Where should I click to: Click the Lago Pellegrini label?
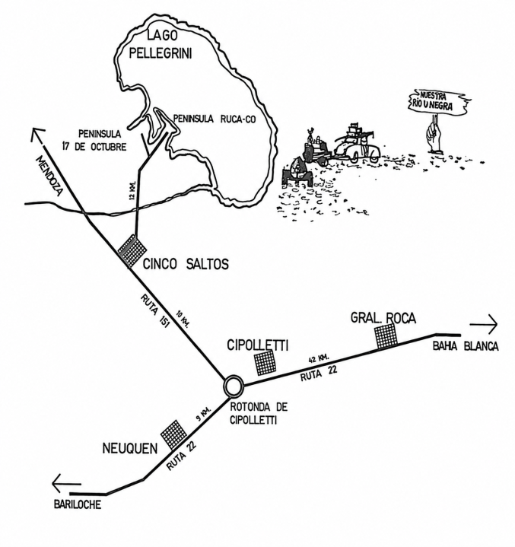click(161, 45)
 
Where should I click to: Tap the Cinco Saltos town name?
click(186, 264)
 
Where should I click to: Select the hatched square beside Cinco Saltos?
click(132, 251)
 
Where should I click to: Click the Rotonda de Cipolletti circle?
click(233, 386)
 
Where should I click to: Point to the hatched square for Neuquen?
click(173, 434)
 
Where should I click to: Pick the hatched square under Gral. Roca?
click(386, 336)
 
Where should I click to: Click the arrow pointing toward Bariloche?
click(66, 483)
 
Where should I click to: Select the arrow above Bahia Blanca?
click(484, 324)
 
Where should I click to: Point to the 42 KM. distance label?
click(319, 358)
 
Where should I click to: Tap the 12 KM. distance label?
click(132, 190)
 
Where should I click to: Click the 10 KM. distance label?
click(182, 319)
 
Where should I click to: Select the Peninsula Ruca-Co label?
click(215, 119)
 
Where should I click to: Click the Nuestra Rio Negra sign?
click(438, 101)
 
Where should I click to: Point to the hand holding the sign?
click(435, 138)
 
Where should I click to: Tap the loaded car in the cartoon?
click(358, 146)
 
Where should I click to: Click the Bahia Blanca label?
click(466, 346)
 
